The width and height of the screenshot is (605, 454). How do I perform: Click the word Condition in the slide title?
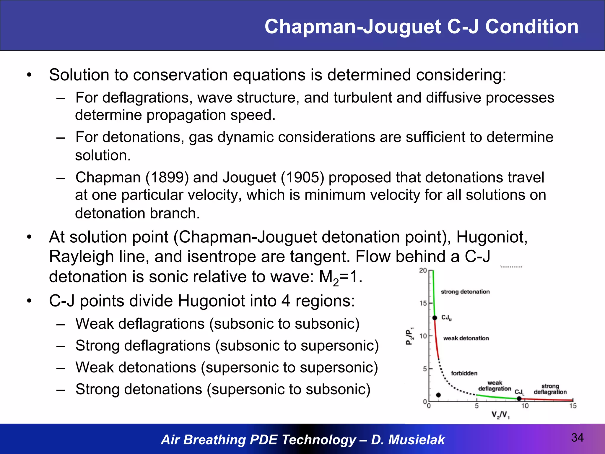pyautogui.click(x=532, y=27)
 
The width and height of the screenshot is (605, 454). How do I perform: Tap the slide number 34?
pyautogui.click(x=577, y=437)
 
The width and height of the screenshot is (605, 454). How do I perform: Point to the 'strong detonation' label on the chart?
pyautogui.click(x=465, y=292)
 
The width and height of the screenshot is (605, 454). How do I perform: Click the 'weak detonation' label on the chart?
pyautogui.click(x=466, y=338)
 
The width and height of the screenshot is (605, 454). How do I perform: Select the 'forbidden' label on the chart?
pyautogui.click(x=464, y=373)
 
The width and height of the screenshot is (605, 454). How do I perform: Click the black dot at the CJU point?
pyautogui.click(x=435, y=318)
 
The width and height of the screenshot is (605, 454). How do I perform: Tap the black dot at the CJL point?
pyautogui.click(x=519, y=398)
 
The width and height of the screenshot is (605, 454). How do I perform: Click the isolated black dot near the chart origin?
pyautogui.click(x=438, y=395)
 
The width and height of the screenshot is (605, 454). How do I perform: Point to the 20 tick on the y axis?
pyautogui.click(x=423, y=270)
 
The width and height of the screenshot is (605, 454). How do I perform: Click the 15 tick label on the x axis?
pyautogui.click(x=573, y=406)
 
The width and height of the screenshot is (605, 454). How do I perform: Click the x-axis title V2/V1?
pyautogui.click(x=500, y=415)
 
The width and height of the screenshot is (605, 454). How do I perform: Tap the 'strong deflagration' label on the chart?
pyautogui.click(x=550, y=389)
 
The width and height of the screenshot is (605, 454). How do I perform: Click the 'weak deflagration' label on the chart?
pyautogui.click(x=495, y=386)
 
